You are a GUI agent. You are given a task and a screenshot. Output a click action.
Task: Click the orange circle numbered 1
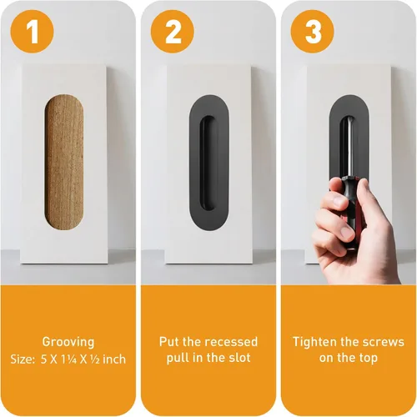click(32, 32)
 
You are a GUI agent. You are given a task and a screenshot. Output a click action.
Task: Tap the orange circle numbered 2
click(173, 32)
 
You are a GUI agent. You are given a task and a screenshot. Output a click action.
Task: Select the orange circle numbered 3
click(313, 32)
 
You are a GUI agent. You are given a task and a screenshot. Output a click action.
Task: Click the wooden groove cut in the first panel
click(64, 162)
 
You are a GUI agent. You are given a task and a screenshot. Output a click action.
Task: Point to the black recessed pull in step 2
click(209, 163)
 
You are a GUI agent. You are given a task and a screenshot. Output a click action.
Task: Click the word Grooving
click(68, 342)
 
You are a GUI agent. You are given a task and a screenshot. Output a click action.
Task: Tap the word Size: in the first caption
click(23, 359)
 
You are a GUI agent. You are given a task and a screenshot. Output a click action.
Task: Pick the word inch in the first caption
click(114, 359)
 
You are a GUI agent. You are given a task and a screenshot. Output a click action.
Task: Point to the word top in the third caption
click(368, 359)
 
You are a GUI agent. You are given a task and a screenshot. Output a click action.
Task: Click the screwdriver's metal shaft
click(349, 148)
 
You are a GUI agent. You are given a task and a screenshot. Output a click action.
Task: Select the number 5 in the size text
click(44, 359)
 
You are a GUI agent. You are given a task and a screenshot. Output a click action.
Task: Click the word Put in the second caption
click(169, 342)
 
